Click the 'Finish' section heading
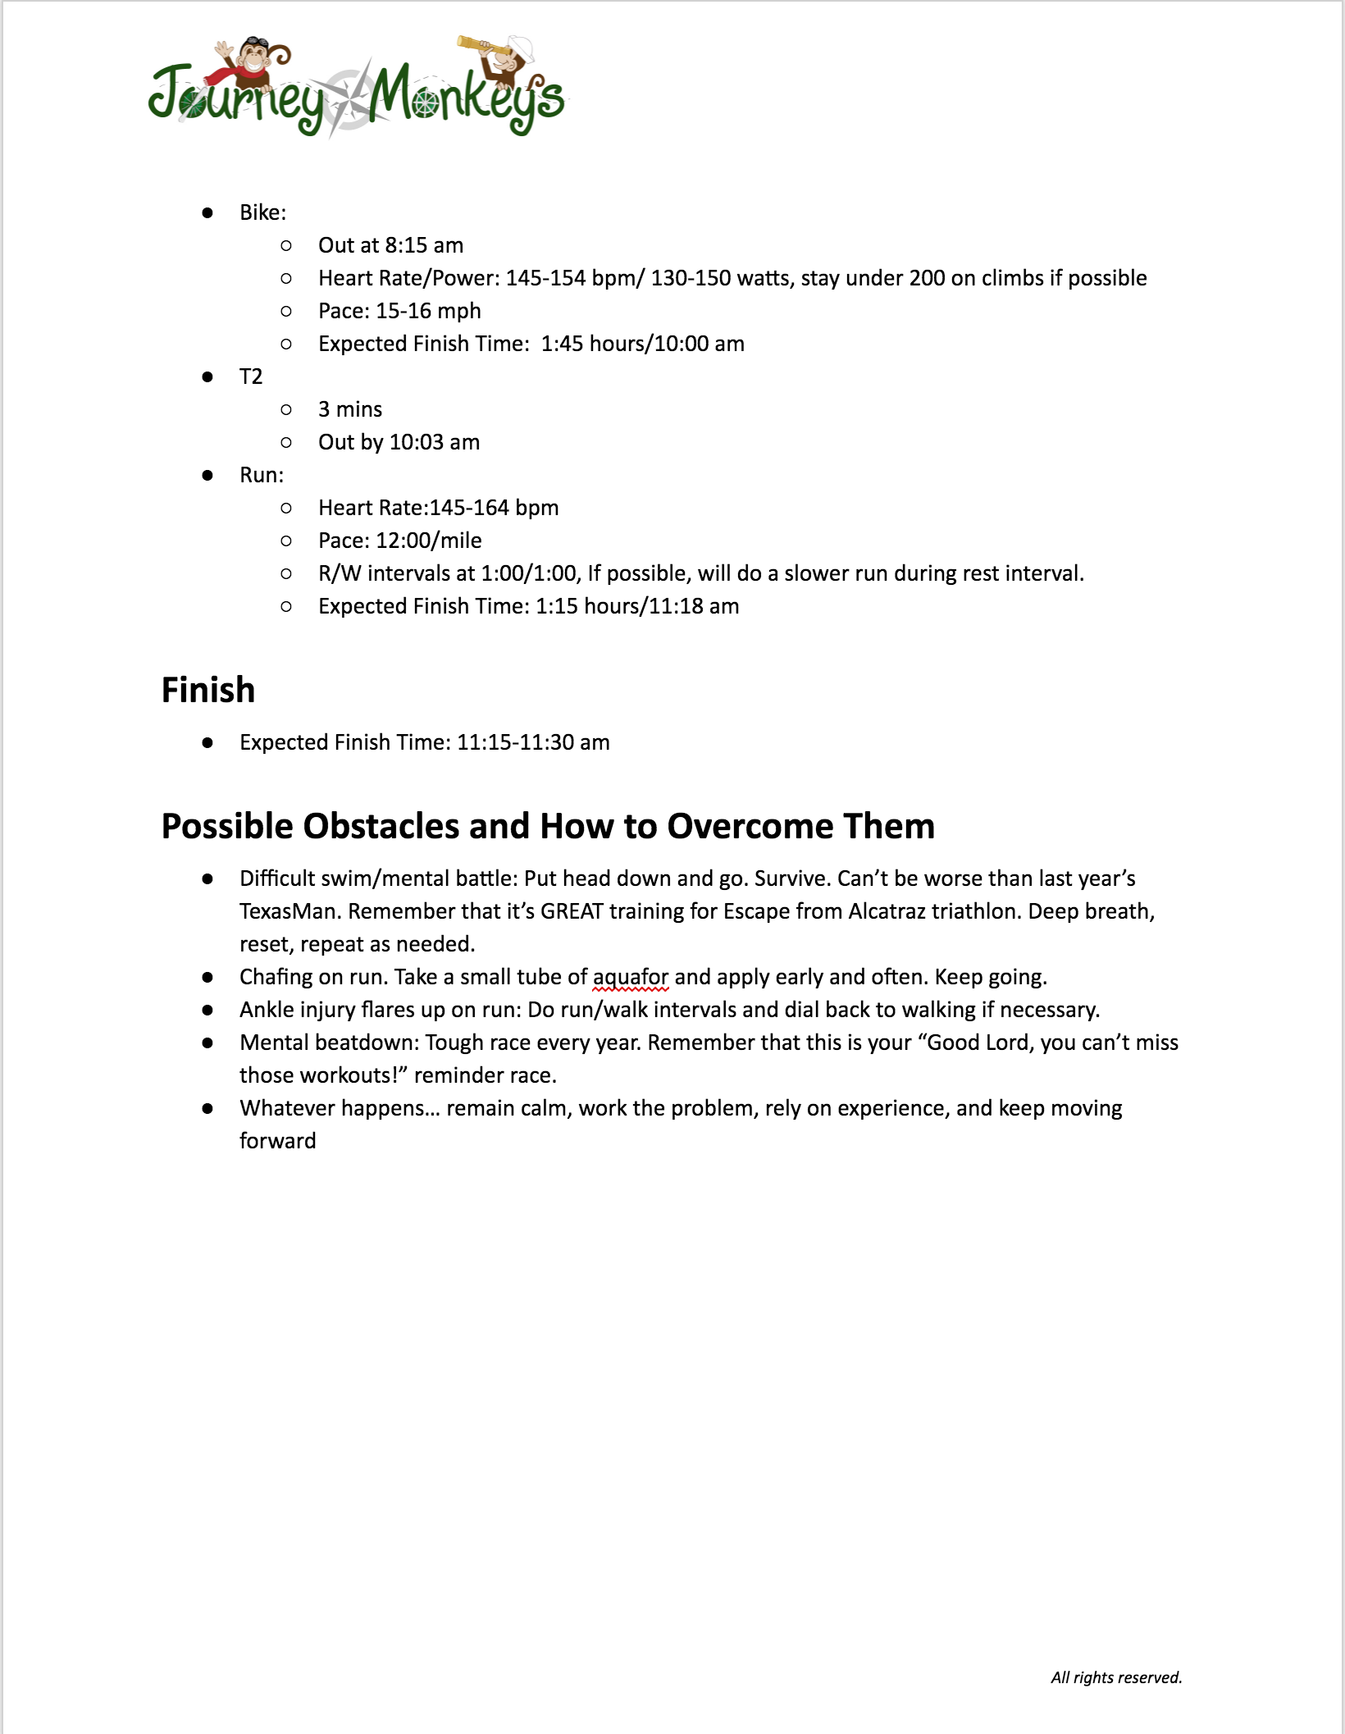point(208,690)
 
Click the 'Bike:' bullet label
point(262,212)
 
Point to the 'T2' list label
point(251,376)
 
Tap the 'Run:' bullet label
point(262,475)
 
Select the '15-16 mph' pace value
point(428,311)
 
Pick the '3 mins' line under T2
point(350,409)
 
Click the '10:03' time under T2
point(416,442)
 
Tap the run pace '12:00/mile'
point(428,541)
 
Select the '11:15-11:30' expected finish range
point(515,742)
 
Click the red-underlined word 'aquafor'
point(630,977)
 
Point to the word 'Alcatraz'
point(886,911)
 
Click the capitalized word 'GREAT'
point(572,911)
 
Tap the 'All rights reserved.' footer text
point(1116,1677)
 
